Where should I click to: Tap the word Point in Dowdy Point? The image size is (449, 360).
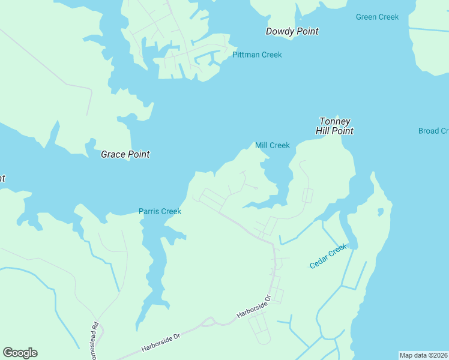click(x=306, y=31)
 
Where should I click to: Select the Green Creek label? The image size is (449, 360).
click(x=377, y=17)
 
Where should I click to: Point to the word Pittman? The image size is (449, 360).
click(x=246, y=55)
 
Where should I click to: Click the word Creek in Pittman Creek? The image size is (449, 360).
click(x=271, y=55)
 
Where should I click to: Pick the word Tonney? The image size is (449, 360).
click(x=334, y=121)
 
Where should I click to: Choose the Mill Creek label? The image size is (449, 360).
click(x=273, y=145)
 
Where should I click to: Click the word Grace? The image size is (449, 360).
click(x=112, y=154)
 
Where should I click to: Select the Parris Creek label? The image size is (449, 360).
click(x=160, y=211)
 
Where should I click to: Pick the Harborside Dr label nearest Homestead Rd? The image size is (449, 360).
click(x=161, y=344)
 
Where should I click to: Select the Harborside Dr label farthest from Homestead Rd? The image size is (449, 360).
click(x=255, y=306)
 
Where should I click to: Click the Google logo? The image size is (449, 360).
click(x=20, y=353)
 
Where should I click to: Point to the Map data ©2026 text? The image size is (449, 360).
click(x=423, y=355)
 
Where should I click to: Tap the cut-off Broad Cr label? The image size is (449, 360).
click(x=433, y=131)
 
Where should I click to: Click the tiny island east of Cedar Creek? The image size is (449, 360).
click(x=380, y=212)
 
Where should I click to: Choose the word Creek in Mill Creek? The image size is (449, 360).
click(x=280, y=145)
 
